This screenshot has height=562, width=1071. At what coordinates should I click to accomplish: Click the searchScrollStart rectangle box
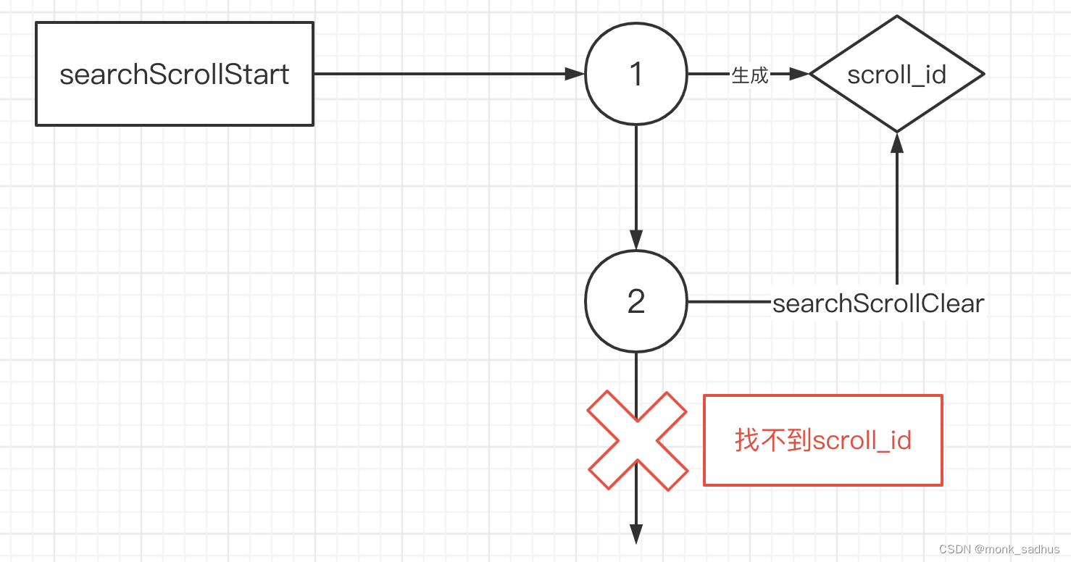tap(175, 74)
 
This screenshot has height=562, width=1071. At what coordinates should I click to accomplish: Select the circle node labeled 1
tap(635, 74)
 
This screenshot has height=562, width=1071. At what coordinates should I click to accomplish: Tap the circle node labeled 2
tap(635, 301)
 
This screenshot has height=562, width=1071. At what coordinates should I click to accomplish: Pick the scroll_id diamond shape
tap(896, 74)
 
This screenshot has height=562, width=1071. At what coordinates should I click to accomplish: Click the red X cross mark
tap(636, 440)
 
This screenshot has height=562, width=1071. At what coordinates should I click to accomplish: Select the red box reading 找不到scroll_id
tap(822, 440)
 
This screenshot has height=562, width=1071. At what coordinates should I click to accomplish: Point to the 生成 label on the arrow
tap(749, 75)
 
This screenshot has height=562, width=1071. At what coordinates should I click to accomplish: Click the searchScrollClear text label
tap(878, 303)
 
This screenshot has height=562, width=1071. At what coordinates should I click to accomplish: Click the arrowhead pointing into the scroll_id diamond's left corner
tap(799, 74)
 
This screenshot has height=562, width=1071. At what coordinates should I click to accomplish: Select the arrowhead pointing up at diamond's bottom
tap(897, 143)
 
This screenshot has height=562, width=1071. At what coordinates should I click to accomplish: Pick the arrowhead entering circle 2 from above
tap(636, 240)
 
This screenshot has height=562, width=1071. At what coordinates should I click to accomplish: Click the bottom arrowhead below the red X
tap(636, 534)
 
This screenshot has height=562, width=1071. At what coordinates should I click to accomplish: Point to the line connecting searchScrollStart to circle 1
tap(442, 74)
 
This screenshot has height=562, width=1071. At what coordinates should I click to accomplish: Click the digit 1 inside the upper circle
tap(636, 74)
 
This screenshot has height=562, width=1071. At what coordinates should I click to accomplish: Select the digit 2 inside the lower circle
tap(636, 302)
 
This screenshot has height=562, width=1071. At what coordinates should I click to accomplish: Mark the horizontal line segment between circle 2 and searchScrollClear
tap(728, 301)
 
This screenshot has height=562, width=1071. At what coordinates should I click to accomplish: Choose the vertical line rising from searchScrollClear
tap(897, 217)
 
